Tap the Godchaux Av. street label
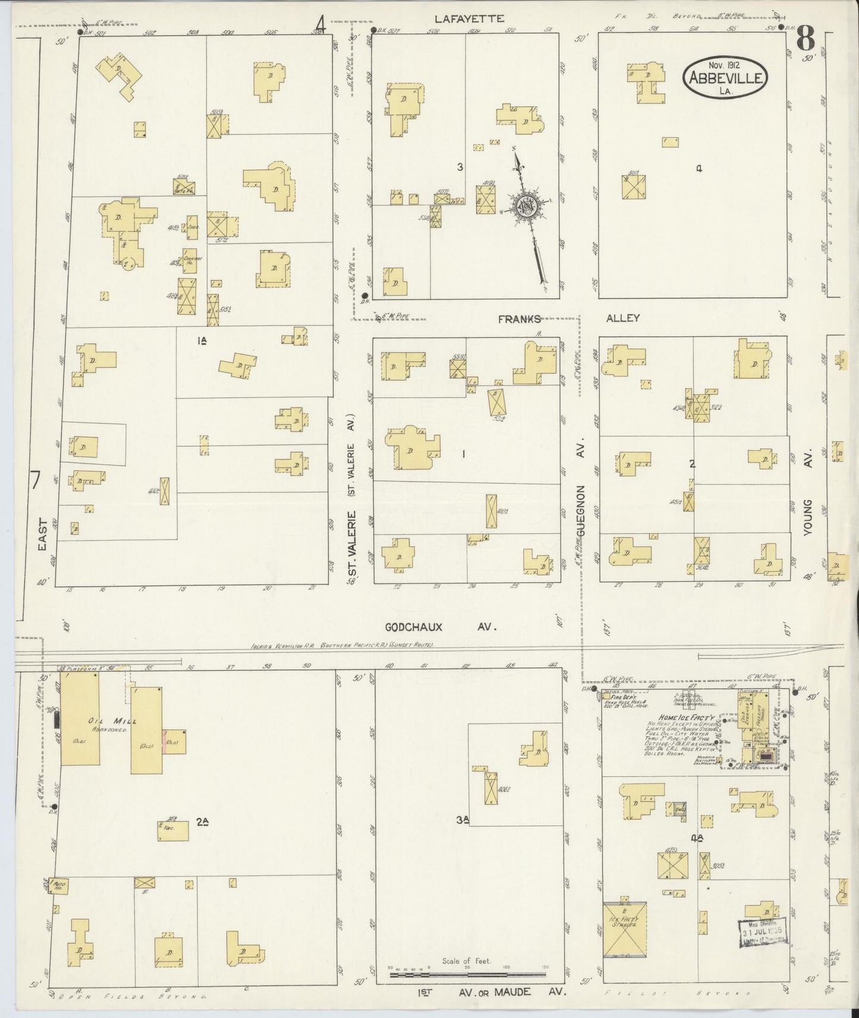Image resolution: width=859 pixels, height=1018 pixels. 440,627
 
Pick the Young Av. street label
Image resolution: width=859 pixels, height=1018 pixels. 808,517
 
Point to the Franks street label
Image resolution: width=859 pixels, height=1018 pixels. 520,318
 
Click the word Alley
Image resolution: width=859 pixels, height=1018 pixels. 622,318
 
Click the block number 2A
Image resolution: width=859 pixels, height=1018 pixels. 203,822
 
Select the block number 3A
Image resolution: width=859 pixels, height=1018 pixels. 464,820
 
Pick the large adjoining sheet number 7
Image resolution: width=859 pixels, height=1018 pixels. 36,480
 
